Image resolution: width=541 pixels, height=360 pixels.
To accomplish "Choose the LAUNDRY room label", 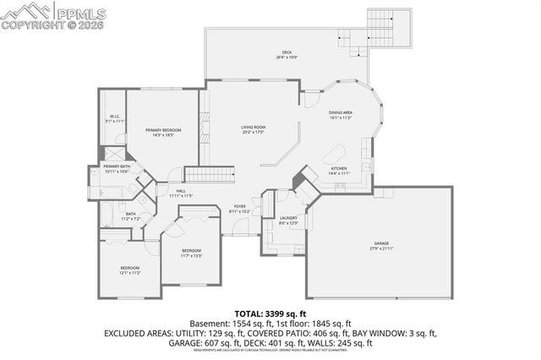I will tap(287, 221).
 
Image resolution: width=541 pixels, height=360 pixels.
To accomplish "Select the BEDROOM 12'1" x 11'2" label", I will tap(129, 270).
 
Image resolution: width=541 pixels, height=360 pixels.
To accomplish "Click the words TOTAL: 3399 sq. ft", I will tap(270, 312).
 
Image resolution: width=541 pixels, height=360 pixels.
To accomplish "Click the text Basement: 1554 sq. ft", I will tap(232, 323).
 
